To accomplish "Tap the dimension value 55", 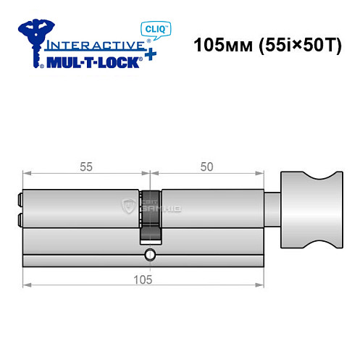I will (x=86, y=165).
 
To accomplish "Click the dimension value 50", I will (x=207, y=165).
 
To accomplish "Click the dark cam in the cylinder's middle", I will (x=150, y=217).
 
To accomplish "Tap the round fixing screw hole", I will (x=149, y=254).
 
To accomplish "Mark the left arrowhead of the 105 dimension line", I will (x=26, y=285).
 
